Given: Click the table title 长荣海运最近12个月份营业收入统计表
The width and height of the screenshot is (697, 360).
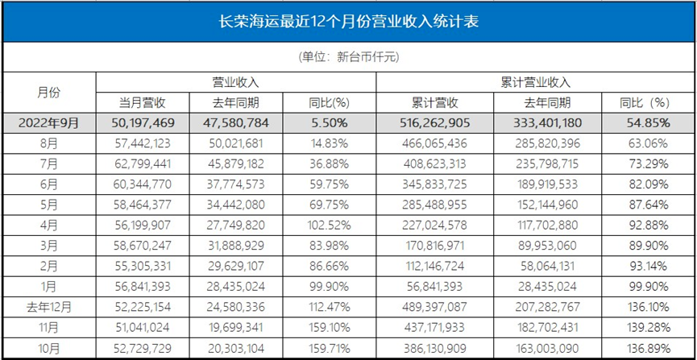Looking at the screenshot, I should (x=348, y=22).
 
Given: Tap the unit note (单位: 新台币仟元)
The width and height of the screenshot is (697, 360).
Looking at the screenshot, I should (x=348, y=57).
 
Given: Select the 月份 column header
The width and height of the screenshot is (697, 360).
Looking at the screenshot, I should (x=48, y=92).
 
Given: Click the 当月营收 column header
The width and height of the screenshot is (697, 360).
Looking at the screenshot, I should (x=143, y=102).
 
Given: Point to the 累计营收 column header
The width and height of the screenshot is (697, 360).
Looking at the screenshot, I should (x=434, y=102).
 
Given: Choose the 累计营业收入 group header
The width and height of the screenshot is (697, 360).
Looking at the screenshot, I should (x=534, y=82).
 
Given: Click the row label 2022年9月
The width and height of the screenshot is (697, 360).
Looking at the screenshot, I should (x=48, y=122).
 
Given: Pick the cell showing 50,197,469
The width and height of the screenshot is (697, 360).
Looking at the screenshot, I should (x=143, y=122).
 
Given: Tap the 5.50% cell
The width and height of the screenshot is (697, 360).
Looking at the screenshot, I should (x=328, y=122).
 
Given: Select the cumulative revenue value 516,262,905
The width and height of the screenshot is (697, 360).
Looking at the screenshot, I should (x=434, y=122).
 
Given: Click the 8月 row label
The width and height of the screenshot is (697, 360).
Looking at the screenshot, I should (x=48, y=143).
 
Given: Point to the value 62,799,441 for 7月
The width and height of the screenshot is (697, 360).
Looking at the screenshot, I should (x=143, y=163).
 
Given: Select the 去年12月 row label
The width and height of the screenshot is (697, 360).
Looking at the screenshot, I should (x=48, y=308).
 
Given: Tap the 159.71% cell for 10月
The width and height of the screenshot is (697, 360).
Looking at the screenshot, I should (x=328, y=350).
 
